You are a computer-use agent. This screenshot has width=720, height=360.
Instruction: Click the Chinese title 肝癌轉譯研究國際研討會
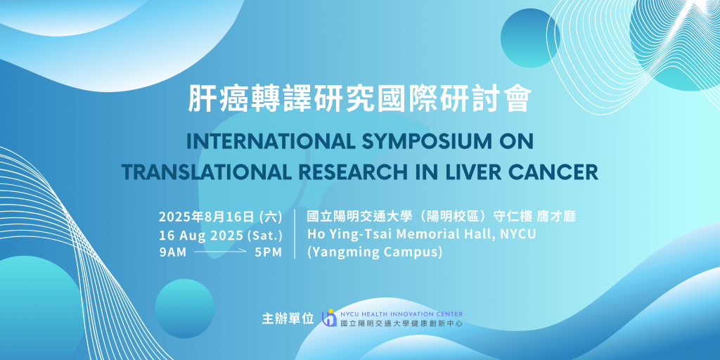pyautogui.click(x=360, y=98)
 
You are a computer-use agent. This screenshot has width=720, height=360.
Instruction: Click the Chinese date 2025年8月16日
pyautogui.click(x=207, y=217)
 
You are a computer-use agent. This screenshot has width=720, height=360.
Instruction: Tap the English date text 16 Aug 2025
pyautogui.click(x=201, y=235)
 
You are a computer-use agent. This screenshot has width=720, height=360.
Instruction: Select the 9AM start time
pyautogui.click(x=173, y=252)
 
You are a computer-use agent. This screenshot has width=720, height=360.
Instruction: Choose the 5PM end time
pyautogui.click(x=269, y=252)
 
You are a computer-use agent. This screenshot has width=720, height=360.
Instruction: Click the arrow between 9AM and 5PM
pyautogui.click(x=220, y=252)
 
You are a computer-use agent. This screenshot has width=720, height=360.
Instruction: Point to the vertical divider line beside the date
pyautogui.click(x=295, y=234)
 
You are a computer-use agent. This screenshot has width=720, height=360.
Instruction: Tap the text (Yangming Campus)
pyautogui.click(x=375, y=252)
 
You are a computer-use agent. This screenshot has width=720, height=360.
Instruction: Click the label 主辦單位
pyautogui.click(x=288, y=319)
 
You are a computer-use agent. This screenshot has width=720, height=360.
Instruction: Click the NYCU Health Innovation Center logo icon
pyautogui.click(x=329, y=318)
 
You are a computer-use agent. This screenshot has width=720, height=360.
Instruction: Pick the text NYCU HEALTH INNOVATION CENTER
pyautogui.click(x=401, y=314)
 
